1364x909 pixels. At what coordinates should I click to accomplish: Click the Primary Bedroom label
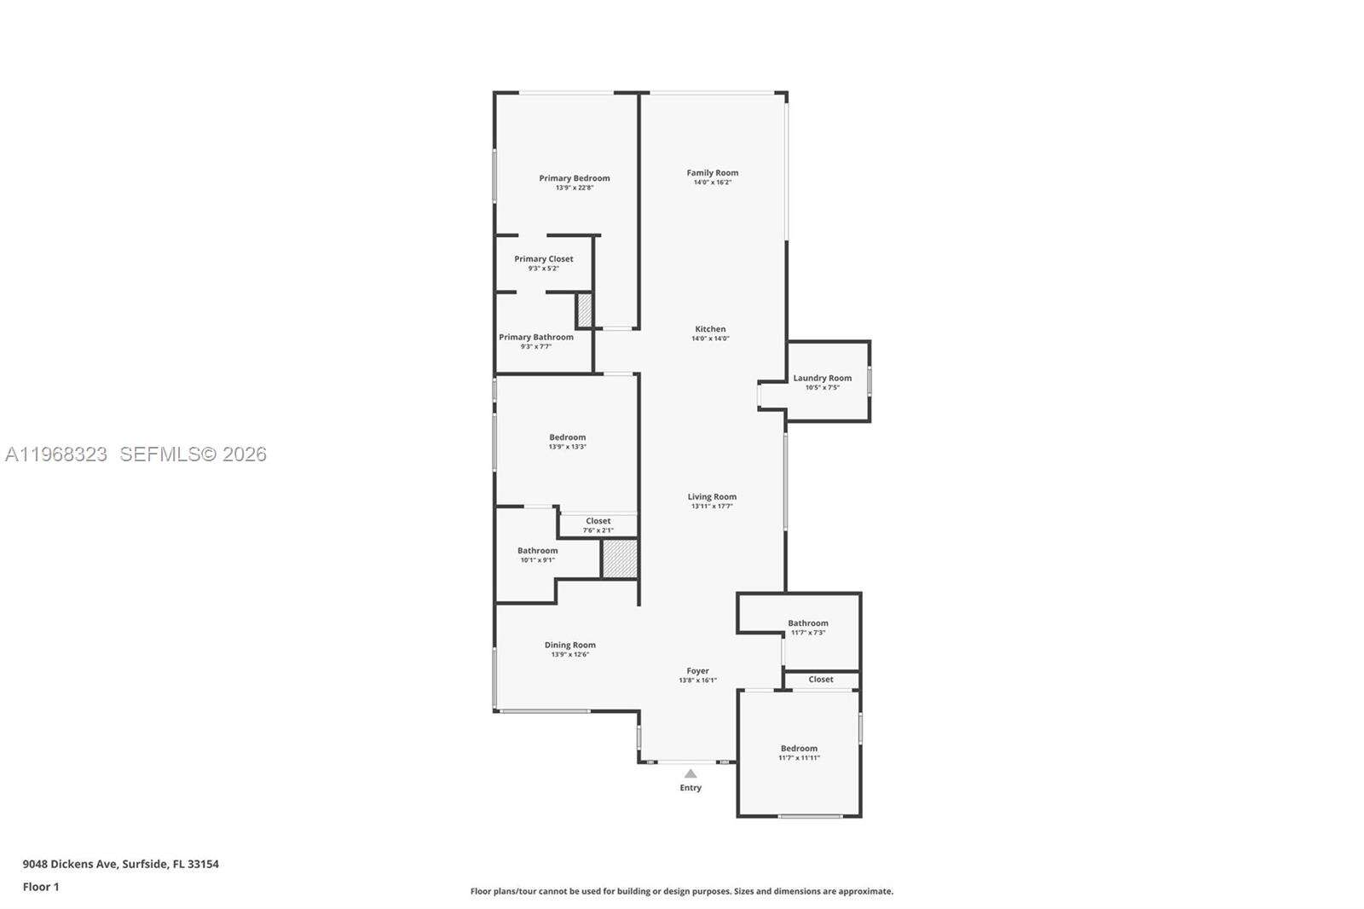[x=574, y=178]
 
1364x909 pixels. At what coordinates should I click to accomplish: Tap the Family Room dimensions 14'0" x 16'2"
[x=712, y=182]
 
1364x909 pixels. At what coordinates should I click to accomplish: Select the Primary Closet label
[x=543, y=259]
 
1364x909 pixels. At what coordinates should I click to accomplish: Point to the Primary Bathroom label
[x=535, y=338]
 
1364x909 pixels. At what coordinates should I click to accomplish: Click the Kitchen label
[x=710, y=329]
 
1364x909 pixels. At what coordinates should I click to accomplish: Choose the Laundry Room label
[x=822, y=379]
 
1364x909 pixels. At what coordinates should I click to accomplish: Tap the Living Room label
[x=712, y=497]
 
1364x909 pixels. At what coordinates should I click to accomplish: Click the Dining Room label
[x=569, y=646]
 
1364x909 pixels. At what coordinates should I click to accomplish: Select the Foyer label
[x=697, y=671]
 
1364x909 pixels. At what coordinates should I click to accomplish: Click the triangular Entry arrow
[x=691, y=773]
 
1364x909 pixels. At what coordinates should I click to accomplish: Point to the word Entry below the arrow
[x=691, y=788]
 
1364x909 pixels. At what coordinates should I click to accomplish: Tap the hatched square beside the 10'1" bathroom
[x=620, y=559]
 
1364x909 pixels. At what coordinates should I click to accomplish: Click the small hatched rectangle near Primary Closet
[x=585, y=310]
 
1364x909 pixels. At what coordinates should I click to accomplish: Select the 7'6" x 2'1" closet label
[x=598, y=530]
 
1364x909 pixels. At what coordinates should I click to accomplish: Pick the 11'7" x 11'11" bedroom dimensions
[x=799, y=758]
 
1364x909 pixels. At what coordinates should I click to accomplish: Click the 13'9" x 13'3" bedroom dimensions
[x=567, y=447]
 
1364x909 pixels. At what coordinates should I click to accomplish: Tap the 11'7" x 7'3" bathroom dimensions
[x=807, y=633]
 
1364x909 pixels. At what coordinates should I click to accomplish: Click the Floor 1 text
[x=41, y=887]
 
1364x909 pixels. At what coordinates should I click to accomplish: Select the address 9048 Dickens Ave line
[x=120, y=864]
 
